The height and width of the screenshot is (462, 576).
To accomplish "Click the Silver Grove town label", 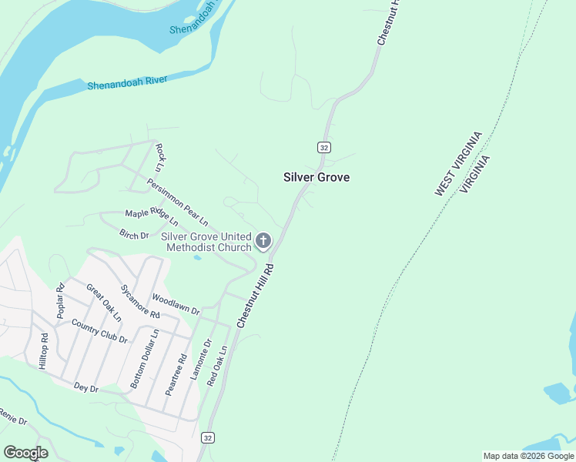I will point(316,177).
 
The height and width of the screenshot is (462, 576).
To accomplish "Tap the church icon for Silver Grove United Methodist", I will point(263,241).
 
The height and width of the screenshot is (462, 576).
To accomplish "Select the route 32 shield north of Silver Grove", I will point(323,147).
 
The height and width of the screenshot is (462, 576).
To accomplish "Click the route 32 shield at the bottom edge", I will point(207,437).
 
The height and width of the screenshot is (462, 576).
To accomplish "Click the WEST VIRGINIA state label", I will point(458,163).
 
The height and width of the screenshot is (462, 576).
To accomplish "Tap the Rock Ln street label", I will point(160,157).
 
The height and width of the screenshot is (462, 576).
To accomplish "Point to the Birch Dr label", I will point(134,234).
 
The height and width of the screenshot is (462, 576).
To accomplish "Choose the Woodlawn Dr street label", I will point(176,304).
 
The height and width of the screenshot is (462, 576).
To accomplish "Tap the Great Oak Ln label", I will point(104,302).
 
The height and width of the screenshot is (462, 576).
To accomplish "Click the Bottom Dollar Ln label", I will point(144,359).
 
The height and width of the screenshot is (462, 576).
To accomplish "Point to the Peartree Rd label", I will point(176,374).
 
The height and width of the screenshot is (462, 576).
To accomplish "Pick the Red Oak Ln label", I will point(218,366).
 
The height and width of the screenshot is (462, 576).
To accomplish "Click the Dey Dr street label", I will point(86,389).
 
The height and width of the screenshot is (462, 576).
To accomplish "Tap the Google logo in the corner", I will point(25,453).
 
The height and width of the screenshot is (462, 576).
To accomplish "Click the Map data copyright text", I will point(529,456).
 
